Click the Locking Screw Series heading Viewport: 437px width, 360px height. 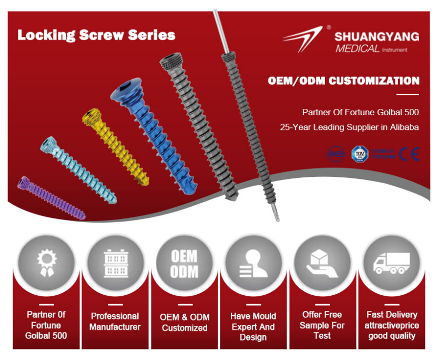coord(96,35)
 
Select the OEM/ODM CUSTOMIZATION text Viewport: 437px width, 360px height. coord(343,81)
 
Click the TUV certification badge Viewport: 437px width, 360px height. coord(359,154)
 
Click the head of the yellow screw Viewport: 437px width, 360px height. coord(90,117)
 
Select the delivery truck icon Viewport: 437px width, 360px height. coord(391,262)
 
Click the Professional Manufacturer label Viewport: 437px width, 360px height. coord(115,322)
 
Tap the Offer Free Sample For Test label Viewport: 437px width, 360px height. coord(322,325)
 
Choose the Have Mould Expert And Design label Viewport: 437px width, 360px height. coord(253,326)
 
